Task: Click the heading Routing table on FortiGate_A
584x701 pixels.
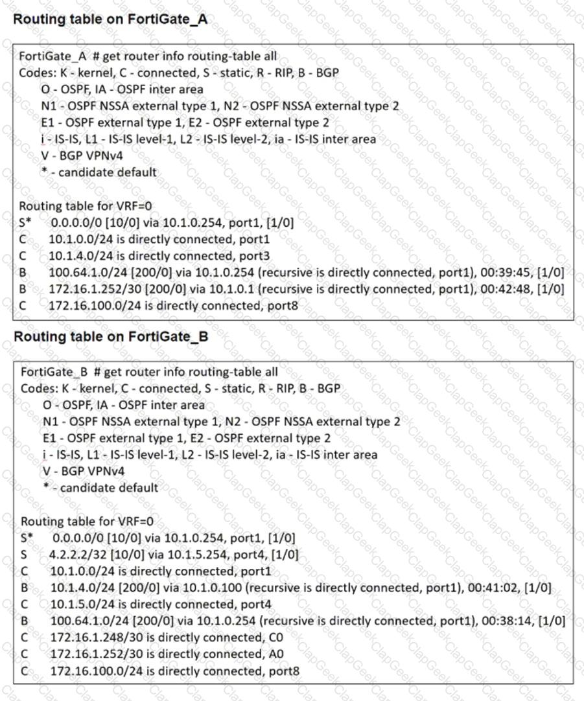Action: click(x=110, y=19)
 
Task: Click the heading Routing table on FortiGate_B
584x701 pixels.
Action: click(x=111, y=337)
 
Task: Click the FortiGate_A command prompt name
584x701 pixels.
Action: click(x=53, y=56)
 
